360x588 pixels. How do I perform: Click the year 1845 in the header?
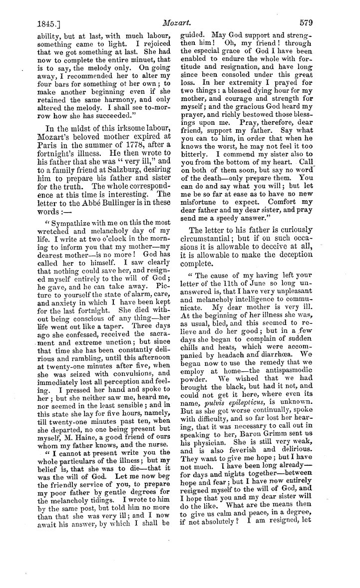click(x=46, y=23)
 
